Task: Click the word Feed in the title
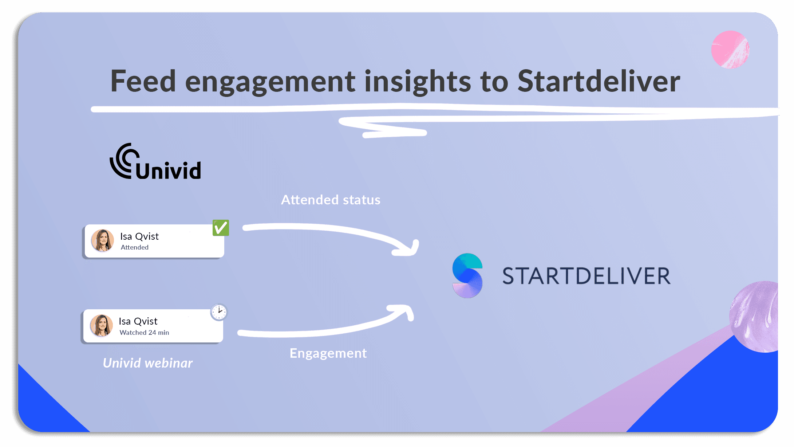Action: (143, 81)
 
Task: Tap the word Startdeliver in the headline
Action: (599, 81)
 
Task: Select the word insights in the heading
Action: (418, 81)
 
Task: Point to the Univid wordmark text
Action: (169, 170)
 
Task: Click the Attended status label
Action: (331, 200)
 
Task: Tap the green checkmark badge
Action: (221, 228)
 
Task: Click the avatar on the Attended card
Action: (102, 240)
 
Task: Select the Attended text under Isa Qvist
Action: (135, 247)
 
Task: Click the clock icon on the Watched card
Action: (219, 312)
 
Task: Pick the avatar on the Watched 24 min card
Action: (101, 326)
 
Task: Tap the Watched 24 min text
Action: (145, 333)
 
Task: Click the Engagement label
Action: (328, 353)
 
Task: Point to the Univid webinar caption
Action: (148, 363)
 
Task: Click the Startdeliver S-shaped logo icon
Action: (467, 276)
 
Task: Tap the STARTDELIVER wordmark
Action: (586, 276)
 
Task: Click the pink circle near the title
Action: (730, 50)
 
